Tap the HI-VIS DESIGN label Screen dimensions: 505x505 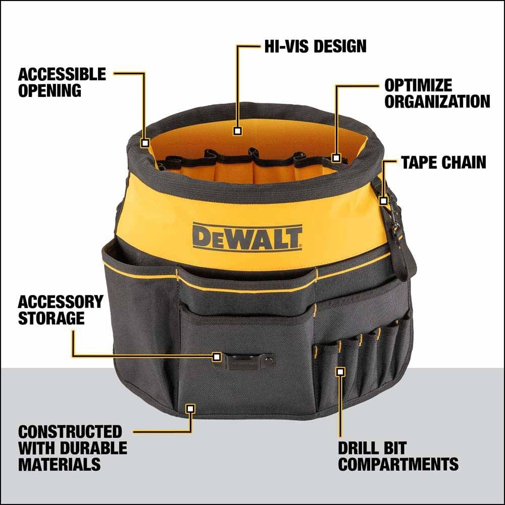pos(315,46)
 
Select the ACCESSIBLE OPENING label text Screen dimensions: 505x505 pos(62,82)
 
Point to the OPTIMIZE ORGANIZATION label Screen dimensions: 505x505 pos(437,93)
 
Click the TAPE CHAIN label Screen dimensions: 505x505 pos(443,162)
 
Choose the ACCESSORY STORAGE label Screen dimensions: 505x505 pos(60,310)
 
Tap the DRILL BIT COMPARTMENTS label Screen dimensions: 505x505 pos(398,456)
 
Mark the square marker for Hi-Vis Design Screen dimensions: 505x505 pos(238,131)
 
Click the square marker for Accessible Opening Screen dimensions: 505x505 pos(145,143)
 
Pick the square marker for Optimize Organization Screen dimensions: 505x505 pos(336,158)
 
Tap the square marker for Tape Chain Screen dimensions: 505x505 pos(383,201)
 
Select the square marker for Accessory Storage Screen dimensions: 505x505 pos(217,357)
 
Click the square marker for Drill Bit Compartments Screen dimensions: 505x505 pos(340,372)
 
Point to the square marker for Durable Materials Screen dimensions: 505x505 pos(190,408)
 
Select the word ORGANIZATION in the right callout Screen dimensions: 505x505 pos(437,101)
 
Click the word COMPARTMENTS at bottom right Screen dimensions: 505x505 pos(398,464)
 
